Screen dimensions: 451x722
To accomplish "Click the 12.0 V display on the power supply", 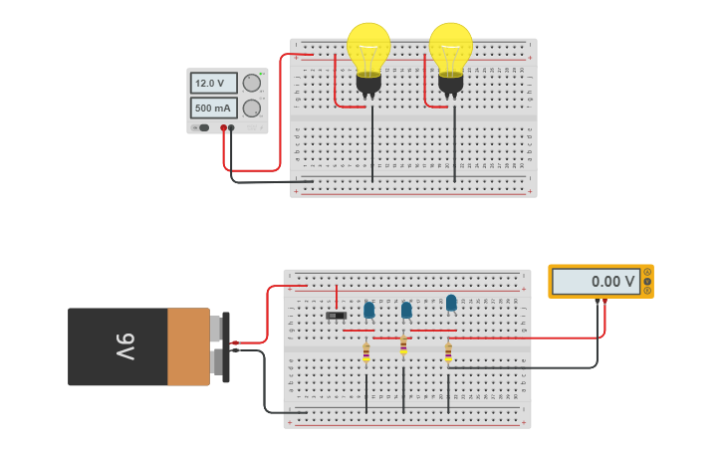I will pyautogui.click(x=213, y=84).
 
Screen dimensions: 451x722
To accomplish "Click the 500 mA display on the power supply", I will pyautogui.click(x=213, y=108).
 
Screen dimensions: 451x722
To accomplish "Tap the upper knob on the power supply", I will pyautogui.click(x=252, y=84).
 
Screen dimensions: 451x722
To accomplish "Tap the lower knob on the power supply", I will pyautogui.click(x=252, y=108).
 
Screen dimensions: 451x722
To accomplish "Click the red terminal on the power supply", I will pyautogui.click(x=223, y=128).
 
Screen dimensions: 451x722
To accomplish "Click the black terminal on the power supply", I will pyautogui.click(x=232, y=128).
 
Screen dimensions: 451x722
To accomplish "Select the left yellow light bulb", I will pyautogui.click(x=368, y=48).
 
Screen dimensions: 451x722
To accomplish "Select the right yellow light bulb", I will pyautogui.click(x=451, y=48).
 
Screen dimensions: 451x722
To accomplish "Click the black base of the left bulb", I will pyautogui.click(x=368, y=85).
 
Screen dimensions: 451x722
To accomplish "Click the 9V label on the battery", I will pyautogui.click(x=123, y=346).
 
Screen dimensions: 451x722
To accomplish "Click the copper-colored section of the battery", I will pyautogui.click(x=188, y=346).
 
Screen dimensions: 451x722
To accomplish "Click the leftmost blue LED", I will pyautogui.click(x=369, y=311).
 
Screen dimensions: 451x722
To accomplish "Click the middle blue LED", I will pyautogui.click(x=406, y=311).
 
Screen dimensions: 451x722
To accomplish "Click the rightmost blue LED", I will pyautogui.click(x=451, y=303).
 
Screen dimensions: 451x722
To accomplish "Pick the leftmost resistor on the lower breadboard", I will pyautogui.click(x=366, y=351).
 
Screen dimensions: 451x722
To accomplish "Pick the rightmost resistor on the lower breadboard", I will pyautogui.click(x=448, y=352).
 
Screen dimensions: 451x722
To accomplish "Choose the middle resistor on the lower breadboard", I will pyautogui.click(x=403, y=345).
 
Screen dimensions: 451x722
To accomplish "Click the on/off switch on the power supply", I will pyautogui.click(x=203, y=127).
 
